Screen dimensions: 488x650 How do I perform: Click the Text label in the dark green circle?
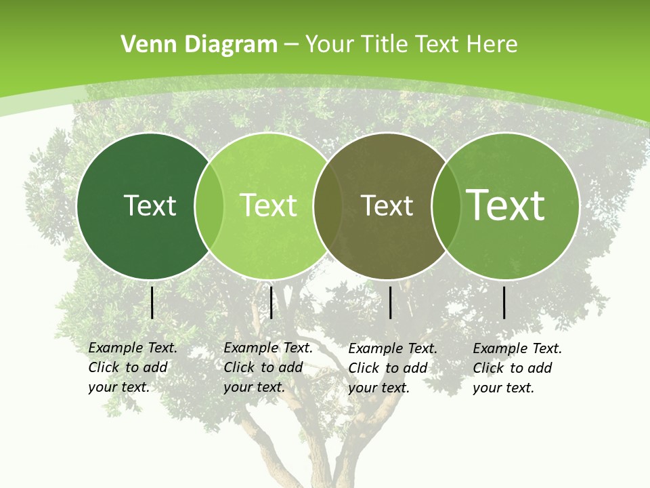150,205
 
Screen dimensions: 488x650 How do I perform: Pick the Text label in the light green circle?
269,205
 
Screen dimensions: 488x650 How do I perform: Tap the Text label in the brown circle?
387,206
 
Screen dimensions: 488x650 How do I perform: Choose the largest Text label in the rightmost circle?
506,205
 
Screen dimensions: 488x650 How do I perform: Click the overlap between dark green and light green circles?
209,206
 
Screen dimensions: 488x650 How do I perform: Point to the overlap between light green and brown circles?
328,206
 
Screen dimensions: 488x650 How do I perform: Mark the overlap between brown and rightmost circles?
445,206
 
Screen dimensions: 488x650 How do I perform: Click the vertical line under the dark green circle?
152,302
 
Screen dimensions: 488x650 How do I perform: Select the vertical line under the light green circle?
271,302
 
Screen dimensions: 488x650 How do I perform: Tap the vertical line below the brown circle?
391,302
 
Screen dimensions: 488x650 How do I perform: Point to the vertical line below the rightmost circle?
504,302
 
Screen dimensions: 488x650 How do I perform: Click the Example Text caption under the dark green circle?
132,367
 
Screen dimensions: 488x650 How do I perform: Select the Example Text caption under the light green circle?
267,367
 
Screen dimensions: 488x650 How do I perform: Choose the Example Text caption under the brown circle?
392,368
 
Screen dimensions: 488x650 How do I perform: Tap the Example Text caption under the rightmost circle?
517,368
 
